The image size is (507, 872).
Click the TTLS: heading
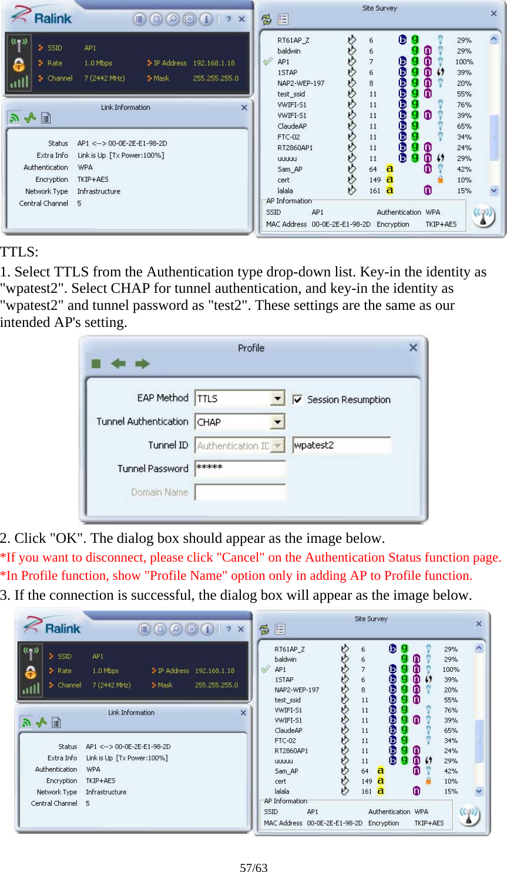19,252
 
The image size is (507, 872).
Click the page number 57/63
253,867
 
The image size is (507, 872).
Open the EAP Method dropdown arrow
278,398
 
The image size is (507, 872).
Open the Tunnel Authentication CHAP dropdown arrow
278,422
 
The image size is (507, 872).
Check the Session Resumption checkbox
298,400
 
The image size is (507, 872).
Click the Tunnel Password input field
240,468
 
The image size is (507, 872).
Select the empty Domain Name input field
240,492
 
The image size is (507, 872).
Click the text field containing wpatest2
341,445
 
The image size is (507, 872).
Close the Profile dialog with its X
413,348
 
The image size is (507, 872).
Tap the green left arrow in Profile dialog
119,364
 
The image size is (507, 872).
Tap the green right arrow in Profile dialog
142,364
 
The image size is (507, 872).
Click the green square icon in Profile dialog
96,364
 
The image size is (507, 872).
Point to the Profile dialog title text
251,348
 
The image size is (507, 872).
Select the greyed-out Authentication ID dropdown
240,446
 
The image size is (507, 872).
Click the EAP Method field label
162,398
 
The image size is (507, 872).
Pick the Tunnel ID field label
168,445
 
